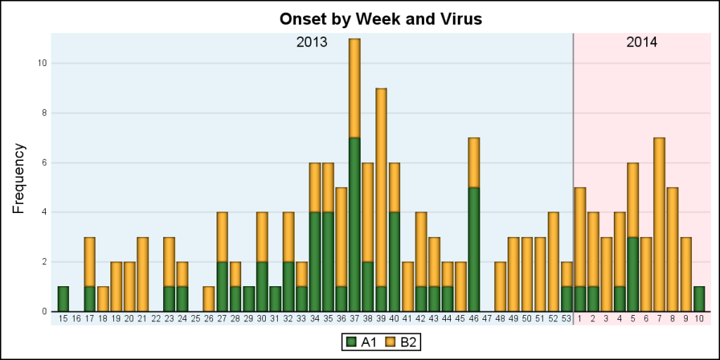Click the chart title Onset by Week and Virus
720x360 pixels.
tap(380, 19)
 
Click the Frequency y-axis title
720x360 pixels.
tap(19, 178)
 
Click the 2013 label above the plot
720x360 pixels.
tap(311, 42)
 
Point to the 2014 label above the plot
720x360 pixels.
tap(641, 42)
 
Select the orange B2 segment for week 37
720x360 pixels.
tap(354, 88)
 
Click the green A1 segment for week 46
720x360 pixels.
tap(474, 249)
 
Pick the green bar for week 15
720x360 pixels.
tap(63, 299)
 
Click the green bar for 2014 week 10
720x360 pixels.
tap(699, 299)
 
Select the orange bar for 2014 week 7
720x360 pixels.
tap(659, 224)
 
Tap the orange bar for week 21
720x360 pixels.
tap(143, 274)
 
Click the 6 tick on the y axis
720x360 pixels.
tap(44, 162)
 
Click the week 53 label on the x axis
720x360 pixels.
tap(566, 319)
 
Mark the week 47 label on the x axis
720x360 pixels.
tap(487, 319)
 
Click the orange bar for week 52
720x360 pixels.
tap(553, 262)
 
